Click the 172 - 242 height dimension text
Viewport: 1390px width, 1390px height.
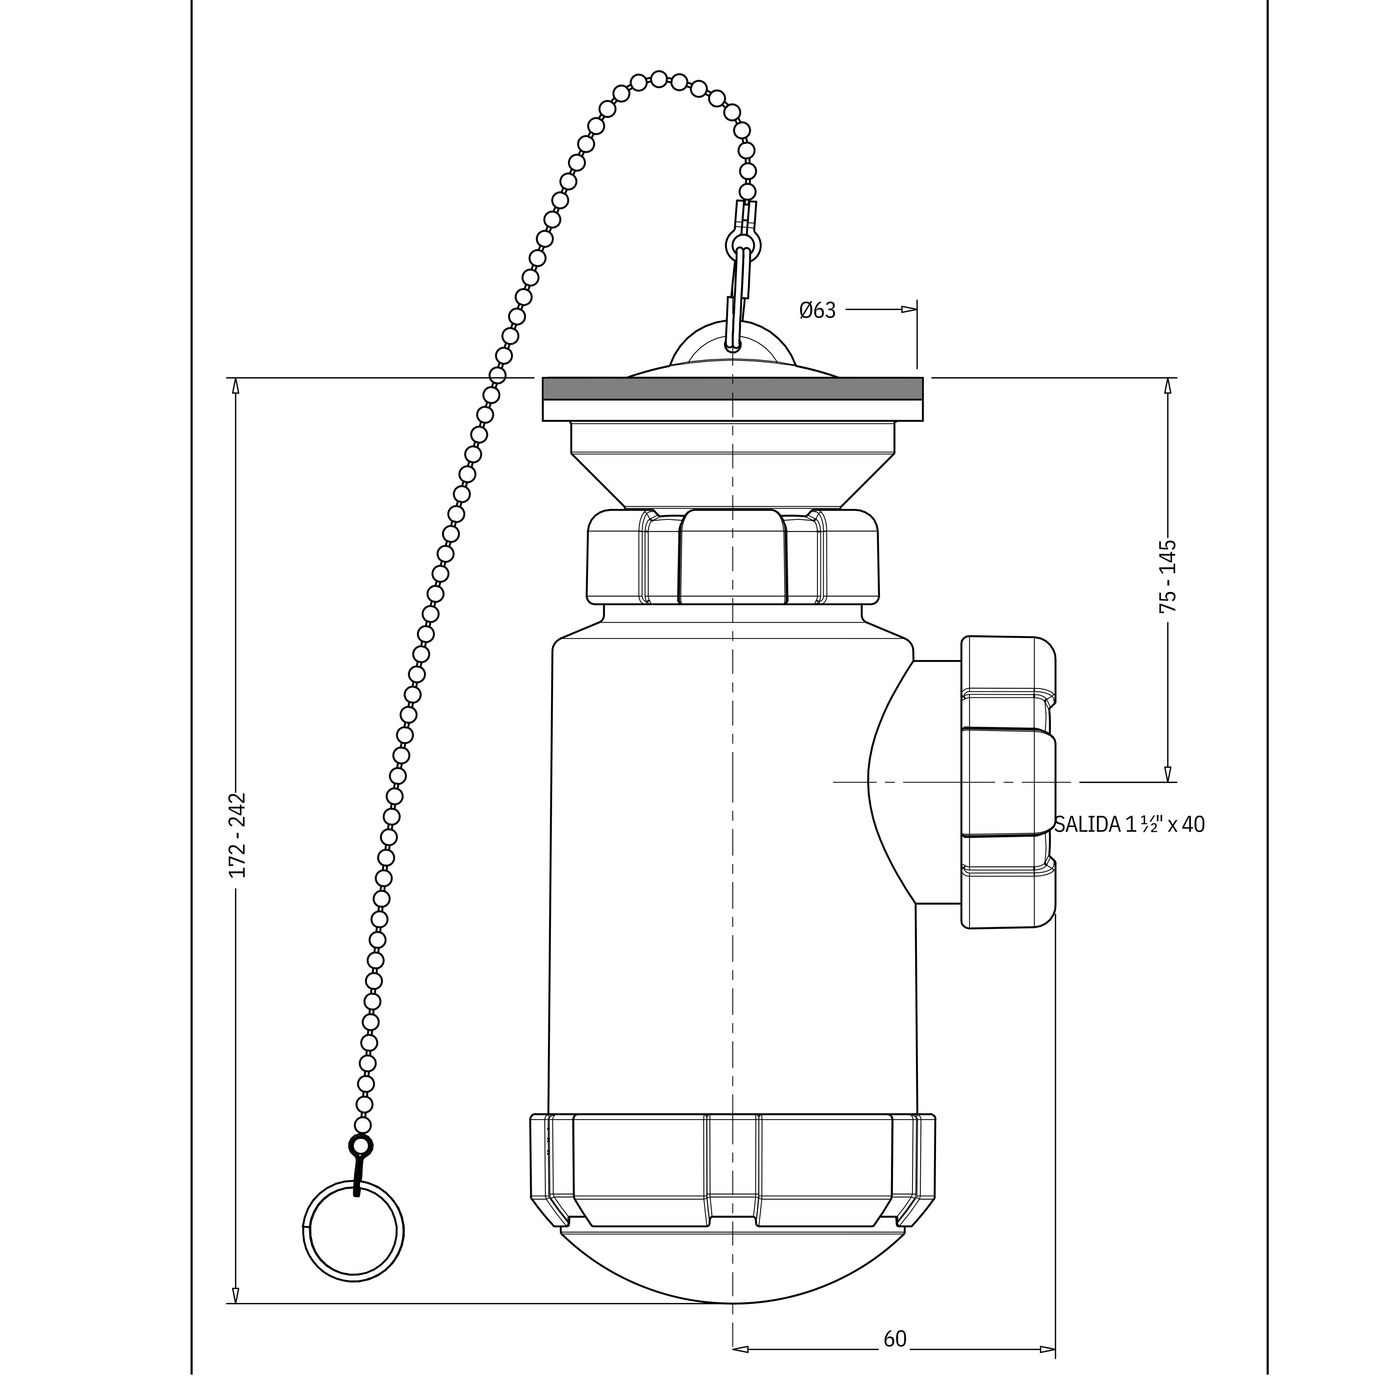click(237, 835)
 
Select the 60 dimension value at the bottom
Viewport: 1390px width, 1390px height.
click(894, 1339)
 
